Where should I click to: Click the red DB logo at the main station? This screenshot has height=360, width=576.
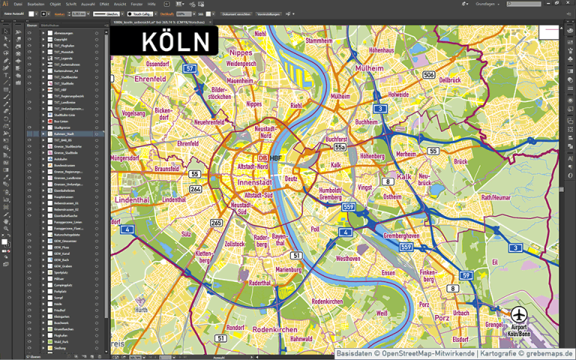click(262, 158)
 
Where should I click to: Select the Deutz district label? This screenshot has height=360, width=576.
click(291, 178)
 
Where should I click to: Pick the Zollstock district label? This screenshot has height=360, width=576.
click(235, 244)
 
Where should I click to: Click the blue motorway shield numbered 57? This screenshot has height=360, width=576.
click(190, 68)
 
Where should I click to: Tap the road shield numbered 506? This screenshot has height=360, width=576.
click(428, 75)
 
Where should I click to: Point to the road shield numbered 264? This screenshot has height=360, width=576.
click(195, 189)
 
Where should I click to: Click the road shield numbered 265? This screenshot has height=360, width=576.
click(217, 223)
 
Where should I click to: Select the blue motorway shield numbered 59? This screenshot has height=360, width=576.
click(466, 276)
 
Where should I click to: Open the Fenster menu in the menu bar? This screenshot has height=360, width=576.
click(136, 4)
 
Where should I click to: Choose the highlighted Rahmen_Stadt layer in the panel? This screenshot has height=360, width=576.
click(63, 133)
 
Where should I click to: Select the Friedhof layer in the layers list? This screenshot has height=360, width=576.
click(61, 309)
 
